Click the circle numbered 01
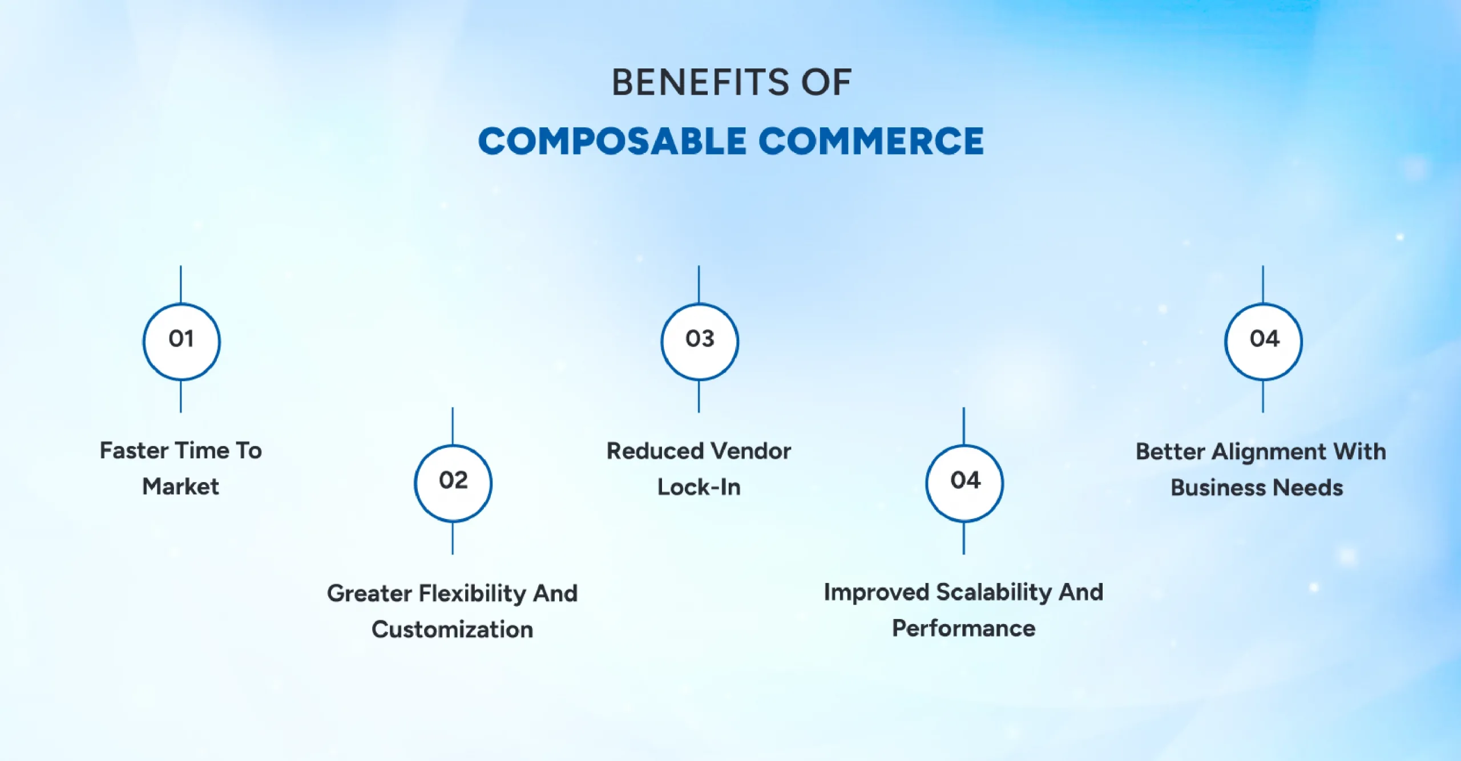181,341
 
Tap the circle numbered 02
453,483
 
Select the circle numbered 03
700,341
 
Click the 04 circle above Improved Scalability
964,483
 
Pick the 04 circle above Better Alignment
1264,341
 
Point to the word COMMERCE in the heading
871,141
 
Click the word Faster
134,451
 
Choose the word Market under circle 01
180,487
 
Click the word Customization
453,630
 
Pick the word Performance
964,629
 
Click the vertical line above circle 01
181,284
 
